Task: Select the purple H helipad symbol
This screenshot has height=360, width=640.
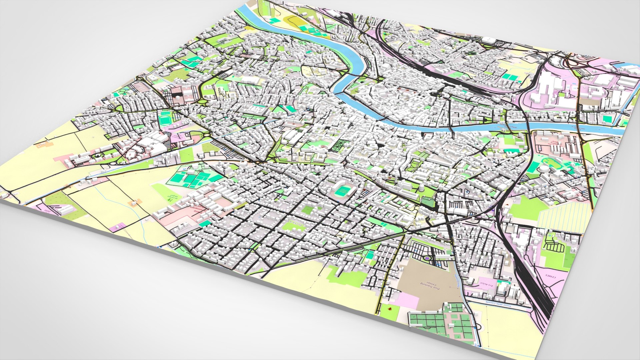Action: (427, 258)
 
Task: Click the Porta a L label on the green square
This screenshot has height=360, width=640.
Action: (295, 222)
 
